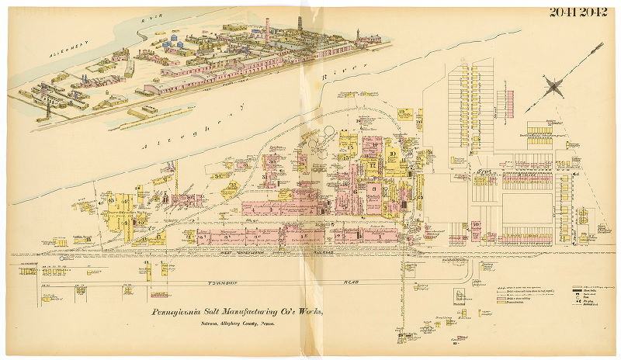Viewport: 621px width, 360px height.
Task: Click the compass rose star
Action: pyautogui.click(x=554, y=86)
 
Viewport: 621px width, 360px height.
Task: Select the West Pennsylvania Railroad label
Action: pyautogui.click(x=303, y=253)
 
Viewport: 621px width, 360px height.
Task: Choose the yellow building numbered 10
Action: pyautogui.click(x=394, y=154)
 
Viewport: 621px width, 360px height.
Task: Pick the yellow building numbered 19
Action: pyautogui.click(x=402, y=114)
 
